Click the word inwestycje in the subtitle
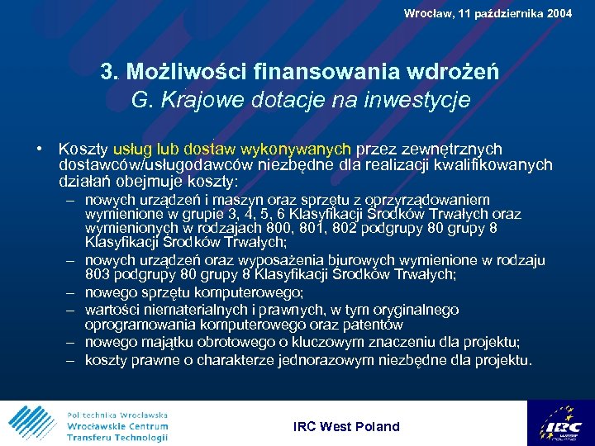tap(416, 100)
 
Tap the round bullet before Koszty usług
tap(40, 149)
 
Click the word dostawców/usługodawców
tap(152, 165)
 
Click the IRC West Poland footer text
tap(346, 427)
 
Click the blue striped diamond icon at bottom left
tap(32, 423)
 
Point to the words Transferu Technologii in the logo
tap(117, 437)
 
